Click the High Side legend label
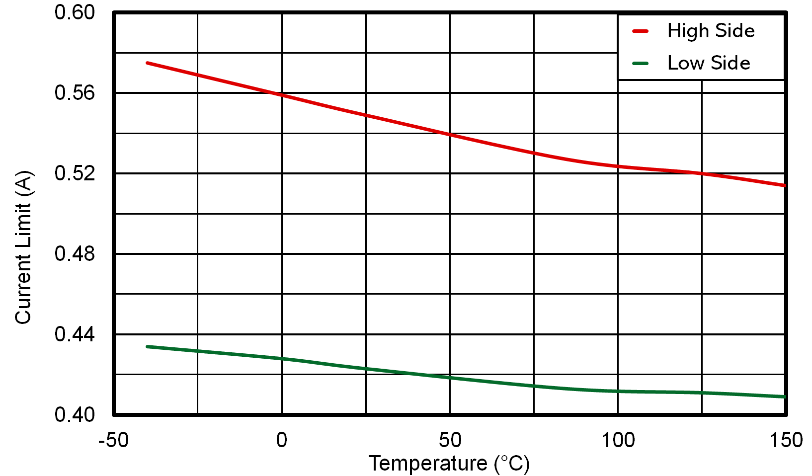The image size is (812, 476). point(711,31)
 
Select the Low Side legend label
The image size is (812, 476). point(708,63)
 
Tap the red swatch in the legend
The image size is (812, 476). point(641,31)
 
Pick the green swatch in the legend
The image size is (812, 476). point(641,64)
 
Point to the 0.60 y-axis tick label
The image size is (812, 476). point(75,12)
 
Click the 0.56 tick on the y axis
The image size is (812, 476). point(75,93)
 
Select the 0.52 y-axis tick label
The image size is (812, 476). point(75,173)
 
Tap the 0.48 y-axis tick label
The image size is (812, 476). point(75,254)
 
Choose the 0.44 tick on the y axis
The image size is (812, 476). point(75,334)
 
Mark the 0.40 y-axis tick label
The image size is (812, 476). point(75,414)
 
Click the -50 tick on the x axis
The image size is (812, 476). point(113,440)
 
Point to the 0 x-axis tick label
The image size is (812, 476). point(282,440)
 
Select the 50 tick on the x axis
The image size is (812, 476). point(450,440)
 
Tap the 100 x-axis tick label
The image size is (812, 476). point(618,440)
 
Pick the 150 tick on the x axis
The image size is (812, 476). point(786,440)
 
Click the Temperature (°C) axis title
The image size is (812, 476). point(449,464)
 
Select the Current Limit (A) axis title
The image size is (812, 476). point(23,247)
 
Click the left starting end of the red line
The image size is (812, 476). point(148,63)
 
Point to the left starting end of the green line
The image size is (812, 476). point(148,346)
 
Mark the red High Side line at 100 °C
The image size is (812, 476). point(618,166)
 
